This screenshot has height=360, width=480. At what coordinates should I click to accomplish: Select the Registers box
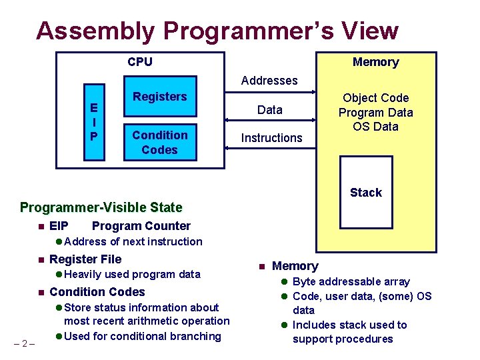[160, 97]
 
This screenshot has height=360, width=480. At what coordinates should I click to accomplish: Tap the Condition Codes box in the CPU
[160, 142]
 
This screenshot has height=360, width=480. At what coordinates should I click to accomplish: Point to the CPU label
[140, 62]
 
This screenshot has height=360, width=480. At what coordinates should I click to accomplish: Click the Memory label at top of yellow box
[375, 62]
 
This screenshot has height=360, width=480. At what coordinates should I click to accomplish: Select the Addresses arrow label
[269, 81]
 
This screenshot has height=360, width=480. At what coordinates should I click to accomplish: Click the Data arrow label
[270, 110]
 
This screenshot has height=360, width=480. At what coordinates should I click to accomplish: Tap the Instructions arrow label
[271, 138]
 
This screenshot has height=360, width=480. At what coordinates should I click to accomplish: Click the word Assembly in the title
[95, 31]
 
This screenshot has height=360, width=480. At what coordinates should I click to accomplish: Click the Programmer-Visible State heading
[101, 207]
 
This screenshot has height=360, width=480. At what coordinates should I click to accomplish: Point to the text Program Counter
[141, 226]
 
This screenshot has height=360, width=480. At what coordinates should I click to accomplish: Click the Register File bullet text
[85, 259]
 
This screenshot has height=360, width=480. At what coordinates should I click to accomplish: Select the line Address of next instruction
[133, 241]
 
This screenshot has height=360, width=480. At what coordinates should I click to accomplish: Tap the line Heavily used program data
[132, 274]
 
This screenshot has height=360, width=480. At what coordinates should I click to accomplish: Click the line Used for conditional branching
[143, 336]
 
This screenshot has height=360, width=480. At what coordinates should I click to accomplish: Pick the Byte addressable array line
[351, 281]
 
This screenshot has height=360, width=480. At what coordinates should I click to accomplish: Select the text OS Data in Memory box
[376, 127]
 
